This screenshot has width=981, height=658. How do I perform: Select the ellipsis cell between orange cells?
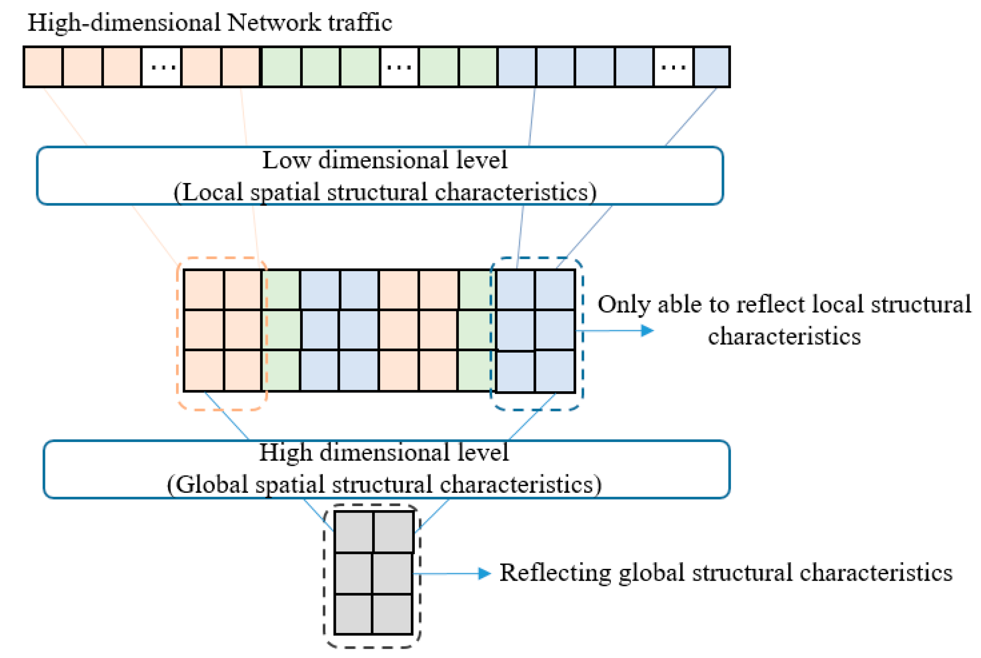(x=162, y=67)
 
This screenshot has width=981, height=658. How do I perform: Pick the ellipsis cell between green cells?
(x=399, y=67)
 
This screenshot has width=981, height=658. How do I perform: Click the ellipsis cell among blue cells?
(x=673, y=67)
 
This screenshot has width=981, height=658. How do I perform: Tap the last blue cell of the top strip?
(x=711, y=67)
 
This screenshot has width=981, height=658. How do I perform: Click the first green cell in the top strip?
(x=281, y=67)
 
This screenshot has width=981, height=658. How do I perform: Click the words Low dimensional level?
(x=384, y=160)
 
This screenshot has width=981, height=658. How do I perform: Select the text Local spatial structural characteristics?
(x=384, y=192)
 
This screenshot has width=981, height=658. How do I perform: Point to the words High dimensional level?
(x=383, y=453)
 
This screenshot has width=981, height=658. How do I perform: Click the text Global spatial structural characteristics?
(x=383, y=484)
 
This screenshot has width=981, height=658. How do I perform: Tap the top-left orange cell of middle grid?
(x=204, y=290)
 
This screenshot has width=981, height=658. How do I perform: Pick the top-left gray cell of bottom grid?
(x=354, y=532)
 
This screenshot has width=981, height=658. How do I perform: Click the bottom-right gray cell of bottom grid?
(x=392, y=614)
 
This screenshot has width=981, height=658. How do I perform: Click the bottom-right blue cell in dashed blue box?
(x=555, y=372)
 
